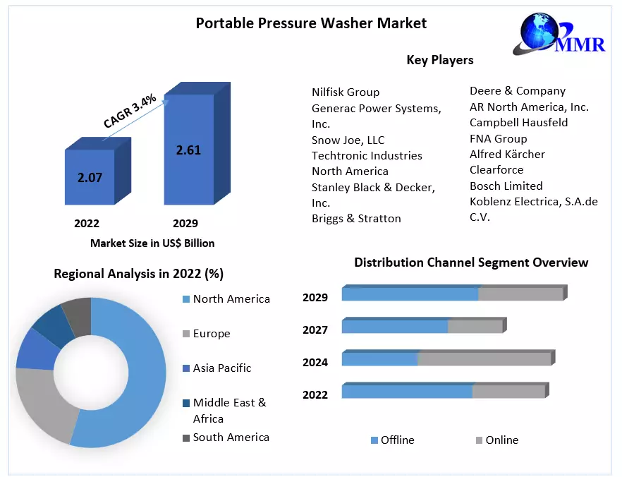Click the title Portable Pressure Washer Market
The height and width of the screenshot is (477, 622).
click(311, 23)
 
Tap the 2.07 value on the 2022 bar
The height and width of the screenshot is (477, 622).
click(90, 177)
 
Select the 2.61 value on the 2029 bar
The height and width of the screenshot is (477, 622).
click(188, 150)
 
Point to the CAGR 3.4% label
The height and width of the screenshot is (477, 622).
click(130, 111)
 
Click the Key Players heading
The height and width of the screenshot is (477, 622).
click(440, 60)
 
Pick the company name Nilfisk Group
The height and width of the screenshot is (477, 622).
click(346, 92)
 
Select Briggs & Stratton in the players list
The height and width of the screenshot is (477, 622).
click(356, 219)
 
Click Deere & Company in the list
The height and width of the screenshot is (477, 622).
click(518, 91)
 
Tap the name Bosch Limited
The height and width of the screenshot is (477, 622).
click(506, 186)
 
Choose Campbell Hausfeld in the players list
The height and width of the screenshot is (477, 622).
click(519, 123)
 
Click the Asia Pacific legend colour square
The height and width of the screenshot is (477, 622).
click(185, 368)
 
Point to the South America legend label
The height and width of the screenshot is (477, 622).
click(231, 437)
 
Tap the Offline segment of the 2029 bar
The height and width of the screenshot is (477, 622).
click(410, 294)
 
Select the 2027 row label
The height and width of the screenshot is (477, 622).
click(315, 330)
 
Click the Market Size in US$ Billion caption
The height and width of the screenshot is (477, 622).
click(152, 243)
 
